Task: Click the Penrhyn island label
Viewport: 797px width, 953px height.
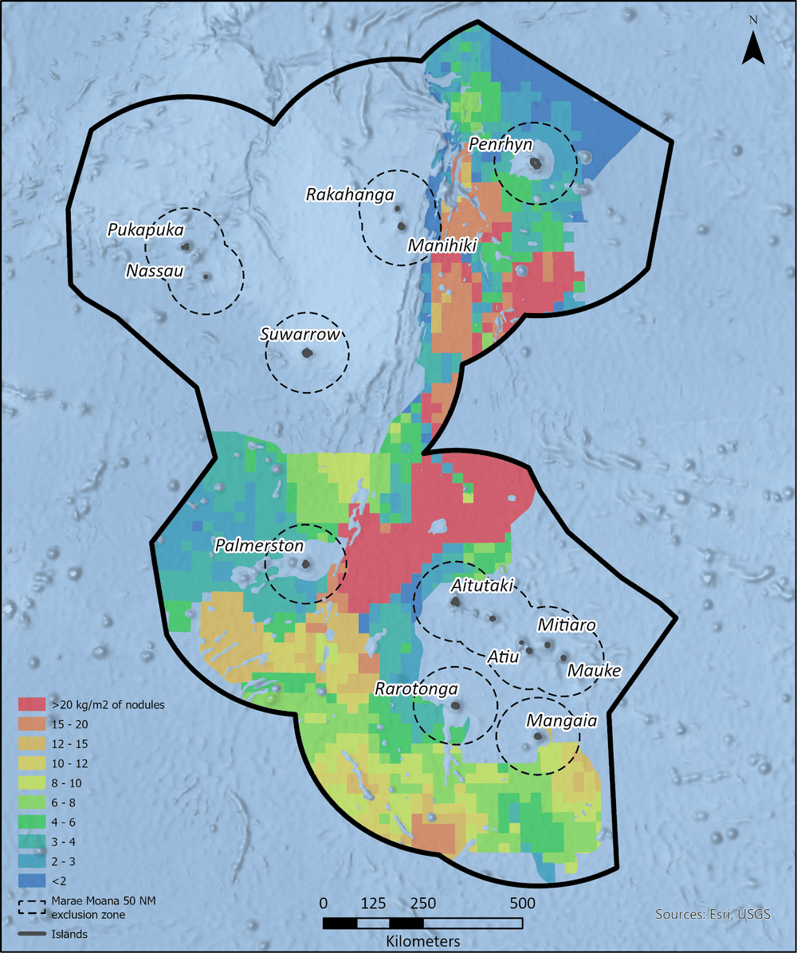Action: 501,143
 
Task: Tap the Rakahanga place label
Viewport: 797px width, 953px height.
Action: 350,194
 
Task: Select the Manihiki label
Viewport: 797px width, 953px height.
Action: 442,246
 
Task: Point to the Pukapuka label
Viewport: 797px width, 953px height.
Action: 146,229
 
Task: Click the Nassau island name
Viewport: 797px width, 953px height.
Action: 155,272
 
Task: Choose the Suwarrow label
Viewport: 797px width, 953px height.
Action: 300,334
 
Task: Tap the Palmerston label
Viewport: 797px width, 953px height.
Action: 259,546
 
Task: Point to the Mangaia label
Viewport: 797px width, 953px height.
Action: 561,721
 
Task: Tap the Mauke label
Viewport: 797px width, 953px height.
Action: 594,670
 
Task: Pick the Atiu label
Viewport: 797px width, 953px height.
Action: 504,657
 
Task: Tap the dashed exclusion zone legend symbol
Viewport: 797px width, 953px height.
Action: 33,906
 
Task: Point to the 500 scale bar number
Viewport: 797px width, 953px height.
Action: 521,903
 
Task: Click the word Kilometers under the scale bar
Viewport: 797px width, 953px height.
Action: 422,941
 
